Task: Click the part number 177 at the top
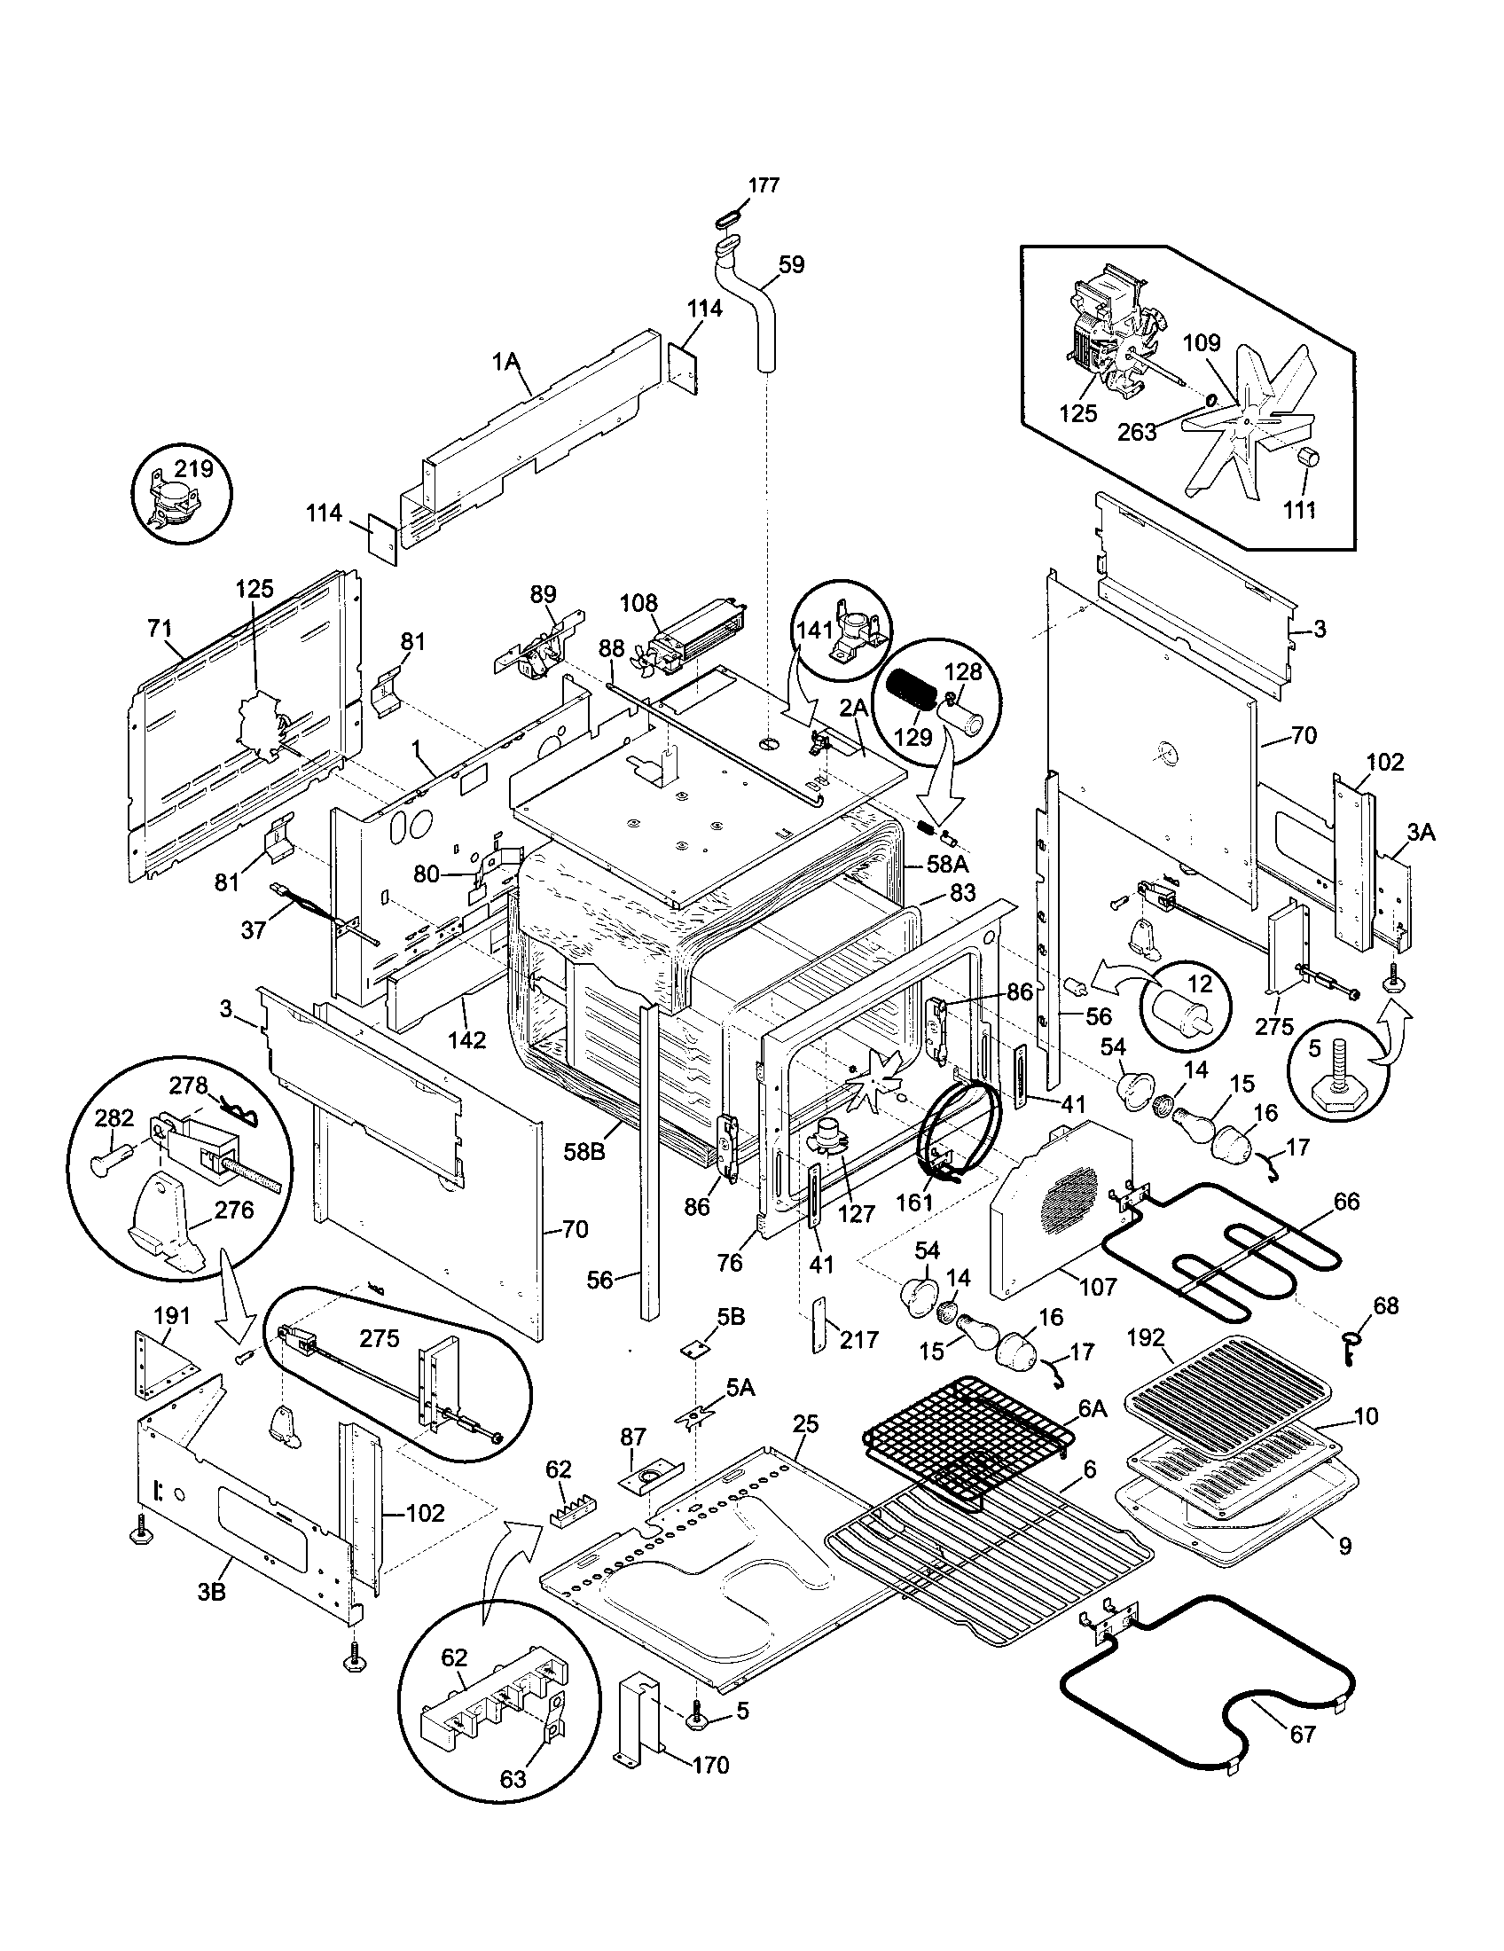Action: (x=764, y=185)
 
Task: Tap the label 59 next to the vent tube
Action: (x=791, y=265)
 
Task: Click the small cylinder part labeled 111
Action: (x=1307, y=458)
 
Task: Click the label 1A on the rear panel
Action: (x=505, y=361)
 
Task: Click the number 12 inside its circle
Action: (x=1201, y=984)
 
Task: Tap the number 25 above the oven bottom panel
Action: (x=804, y=1424)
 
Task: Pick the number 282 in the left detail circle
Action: (x=114, y=1118)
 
